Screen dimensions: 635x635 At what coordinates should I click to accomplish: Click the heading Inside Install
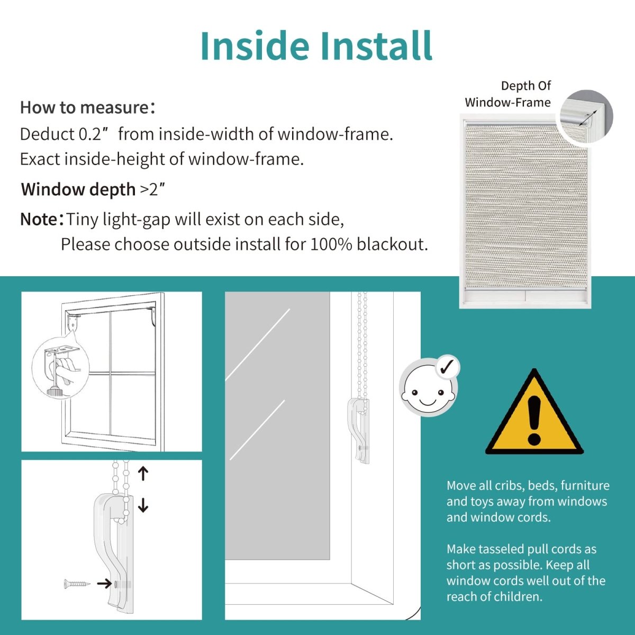(316, 46)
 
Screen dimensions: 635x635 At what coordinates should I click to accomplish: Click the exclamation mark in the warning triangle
(534, 421)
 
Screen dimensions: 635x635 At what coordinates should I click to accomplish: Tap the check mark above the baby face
(447, 366)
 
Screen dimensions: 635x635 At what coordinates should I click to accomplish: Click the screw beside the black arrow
(77, 584)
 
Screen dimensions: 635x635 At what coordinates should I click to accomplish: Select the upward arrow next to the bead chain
(143, 474)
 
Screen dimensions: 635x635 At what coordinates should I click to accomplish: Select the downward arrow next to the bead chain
(143, 505)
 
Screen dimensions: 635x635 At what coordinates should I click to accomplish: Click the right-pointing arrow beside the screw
(104, 584)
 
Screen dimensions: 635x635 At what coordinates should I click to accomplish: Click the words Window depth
(78, 189)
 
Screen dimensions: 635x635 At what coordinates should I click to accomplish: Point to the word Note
(39, 219)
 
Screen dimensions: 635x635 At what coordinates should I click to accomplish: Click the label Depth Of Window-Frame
(508, 94)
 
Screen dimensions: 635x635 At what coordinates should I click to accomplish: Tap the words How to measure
(85, 107)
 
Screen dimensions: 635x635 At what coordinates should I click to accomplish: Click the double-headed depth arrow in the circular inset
(588, 117)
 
